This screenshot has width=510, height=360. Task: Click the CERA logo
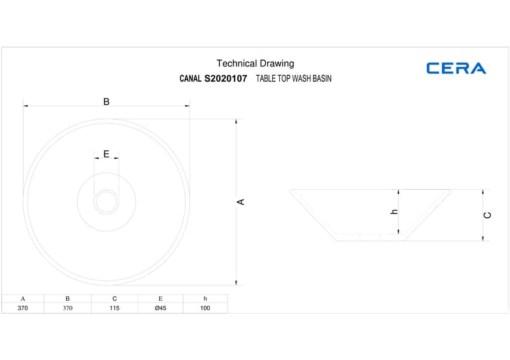point(456,68)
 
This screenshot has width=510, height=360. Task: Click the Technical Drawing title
point(256,64)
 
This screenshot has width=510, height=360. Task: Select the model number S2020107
point(226,78)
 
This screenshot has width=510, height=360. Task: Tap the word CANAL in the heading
point(190,78)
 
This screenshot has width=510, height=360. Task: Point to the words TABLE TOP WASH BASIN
point(294,78)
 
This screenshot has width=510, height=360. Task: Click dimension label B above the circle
point(106,102)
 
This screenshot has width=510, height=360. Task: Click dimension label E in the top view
point(106,154)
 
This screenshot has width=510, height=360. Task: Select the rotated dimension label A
point(240,202)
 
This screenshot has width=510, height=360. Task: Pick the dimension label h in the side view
point(394,212)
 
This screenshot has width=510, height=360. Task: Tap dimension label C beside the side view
point(487,215)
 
